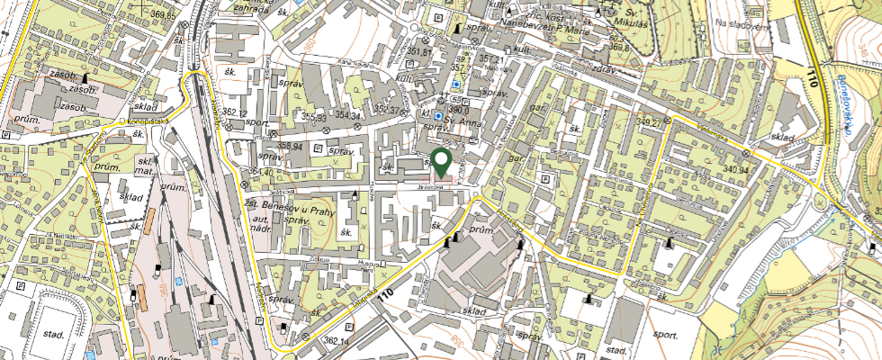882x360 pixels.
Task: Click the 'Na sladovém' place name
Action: coord(740,25)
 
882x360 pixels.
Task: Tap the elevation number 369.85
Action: coord(163,15)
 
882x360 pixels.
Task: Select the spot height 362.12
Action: coord(234,112)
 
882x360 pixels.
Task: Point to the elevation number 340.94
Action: coord(735,168)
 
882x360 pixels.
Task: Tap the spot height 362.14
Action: coord(336,341)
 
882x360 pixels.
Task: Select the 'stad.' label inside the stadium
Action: coord(52,334)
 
